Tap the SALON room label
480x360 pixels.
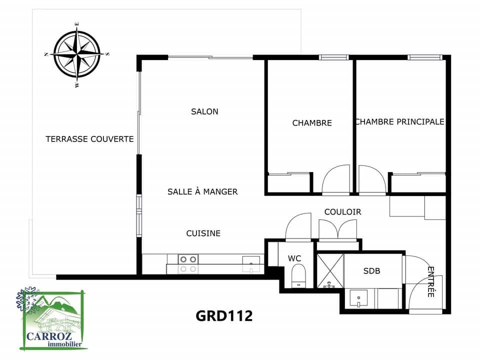click(204, 111)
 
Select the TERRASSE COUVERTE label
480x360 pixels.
click(89, 139)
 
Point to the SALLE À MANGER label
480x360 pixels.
click(202, 191)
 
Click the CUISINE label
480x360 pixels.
click(203, 233)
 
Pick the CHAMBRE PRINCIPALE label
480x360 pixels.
click(399, 122)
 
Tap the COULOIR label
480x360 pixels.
click(342, 212)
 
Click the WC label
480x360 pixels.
click(294, 258)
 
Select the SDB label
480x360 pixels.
click(371, 271)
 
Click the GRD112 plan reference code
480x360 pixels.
click(224, 315)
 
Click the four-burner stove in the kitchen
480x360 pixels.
click(188, 264)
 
